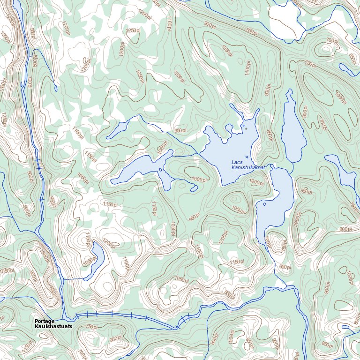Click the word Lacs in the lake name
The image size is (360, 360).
(237, 162)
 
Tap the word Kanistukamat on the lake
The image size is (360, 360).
(248, 167)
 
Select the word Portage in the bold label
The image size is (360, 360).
(45, 321)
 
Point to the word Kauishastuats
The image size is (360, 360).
(53, 326)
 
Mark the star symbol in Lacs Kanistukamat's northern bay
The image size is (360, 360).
(245, 128)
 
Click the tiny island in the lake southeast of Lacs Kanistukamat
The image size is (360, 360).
(264, 204)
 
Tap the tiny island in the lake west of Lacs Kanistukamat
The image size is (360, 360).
(161, 170)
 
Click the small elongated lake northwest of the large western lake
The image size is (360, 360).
(118, 130)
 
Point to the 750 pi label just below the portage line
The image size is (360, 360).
(91, 327)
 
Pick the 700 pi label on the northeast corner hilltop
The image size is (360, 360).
(332, 41)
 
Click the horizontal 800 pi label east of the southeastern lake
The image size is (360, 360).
(345, 229)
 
